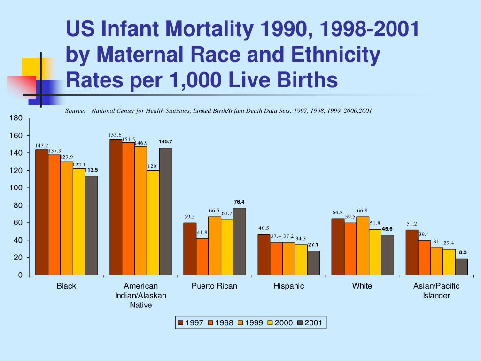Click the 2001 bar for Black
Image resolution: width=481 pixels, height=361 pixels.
pos(91,225)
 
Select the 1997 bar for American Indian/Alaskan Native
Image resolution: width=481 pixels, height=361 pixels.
pos(116,207)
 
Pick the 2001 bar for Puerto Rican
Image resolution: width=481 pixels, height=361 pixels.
pos(239,241)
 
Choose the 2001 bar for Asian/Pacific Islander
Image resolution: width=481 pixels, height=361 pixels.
pos(461,267)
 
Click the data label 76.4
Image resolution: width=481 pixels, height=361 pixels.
pos(239,202)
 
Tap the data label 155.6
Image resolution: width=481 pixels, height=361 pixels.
pos(115,135)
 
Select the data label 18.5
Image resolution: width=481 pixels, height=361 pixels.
pos(461,252)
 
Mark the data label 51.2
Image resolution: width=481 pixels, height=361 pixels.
pos(412,224)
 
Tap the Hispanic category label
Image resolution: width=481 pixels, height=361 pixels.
pos(288,286)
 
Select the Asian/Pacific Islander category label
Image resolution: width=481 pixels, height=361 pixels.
pos(436,290)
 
